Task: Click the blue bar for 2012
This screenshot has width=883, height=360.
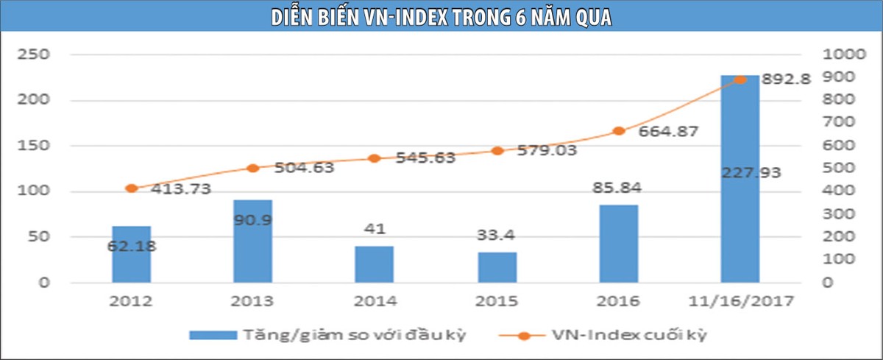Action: coord(131,254)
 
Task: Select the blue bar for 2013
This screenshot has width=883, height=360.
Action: coord(253,241)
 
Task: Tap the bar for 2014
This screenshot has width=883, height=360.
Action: coord(375,264)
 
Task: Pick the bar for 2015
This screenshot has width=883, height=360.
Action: coord(497,267)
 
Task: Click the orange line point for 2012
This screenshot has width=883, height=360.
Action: coord(131,188)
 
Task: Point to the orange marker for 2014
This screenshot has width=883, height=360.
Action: coord(375,158)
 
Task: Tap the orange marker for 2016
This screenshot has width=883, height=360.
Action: coord(619,131)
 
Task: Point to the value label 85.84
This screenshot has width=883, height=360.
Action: coord(619,188)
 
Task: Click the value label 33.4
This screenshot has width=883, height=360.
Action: coord(497,236)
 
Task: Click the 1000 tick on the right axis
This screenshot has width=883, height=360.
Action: coord(843,55)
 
